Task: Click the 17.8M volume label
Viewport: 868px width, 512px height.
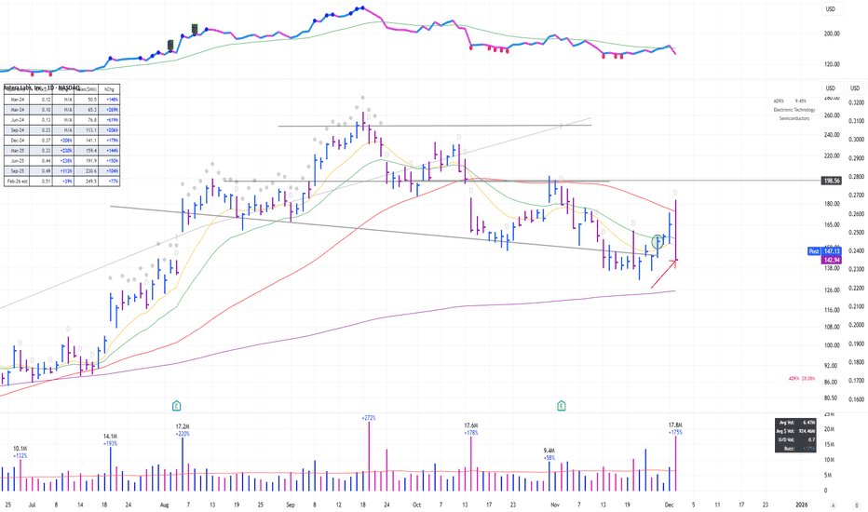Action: point(675,425)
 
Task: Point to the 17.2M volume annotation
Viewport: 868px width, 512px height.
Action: point(183,426)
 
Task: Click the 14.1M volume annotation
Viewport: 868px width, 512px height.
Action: point(110,435)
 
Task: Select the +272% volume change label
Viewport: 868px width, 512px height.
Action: point(369,418)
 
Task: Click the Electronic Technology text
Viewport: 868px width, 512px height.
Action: point(793,110)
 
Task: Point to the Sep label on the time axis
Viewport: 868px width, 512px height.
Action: point(291,504)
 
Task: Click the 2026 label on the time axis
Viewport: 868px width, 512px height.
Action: point(816,504)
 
